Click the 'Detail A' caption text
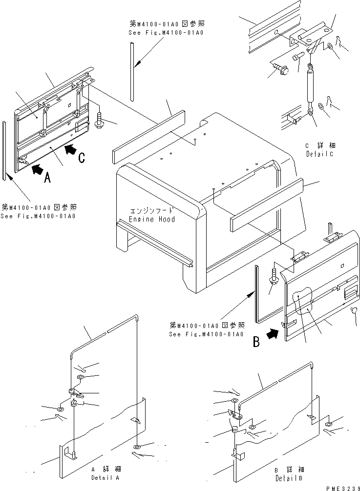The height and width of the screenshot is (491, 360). pos(105,477)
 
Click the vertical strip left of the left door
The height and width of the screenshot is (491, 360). pos(4,151)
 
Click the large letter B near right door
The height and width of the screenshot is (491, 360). pos(256,343)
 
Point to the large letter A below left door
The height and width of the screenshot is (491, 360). pos(47,179)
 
